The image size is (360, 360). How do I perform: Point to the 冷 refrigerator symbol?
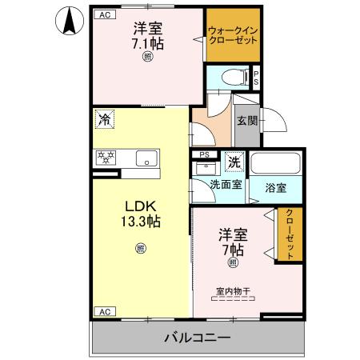(x=104, y=120)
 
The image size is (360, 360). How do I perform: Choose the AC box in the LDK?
(x=103, y=311)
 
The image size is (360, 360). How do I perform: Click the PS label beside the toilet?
(x=256, y=78)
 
